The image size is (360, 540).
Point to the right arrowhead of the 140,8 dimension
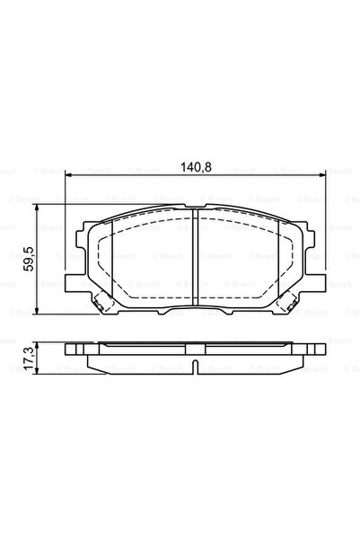tap(324, 180)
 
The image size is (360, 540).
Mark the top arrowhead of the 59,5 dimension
tap(37, 208)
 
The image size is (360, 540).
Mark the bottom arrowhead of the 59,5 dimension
tap(37, 314)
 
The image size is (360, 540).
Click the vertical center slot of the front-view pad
tap(197, 261)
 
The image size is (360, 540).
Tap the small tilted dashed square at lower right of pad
tap(296, 303)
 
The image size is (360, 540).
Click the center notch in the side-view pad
tap(197, 367)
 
